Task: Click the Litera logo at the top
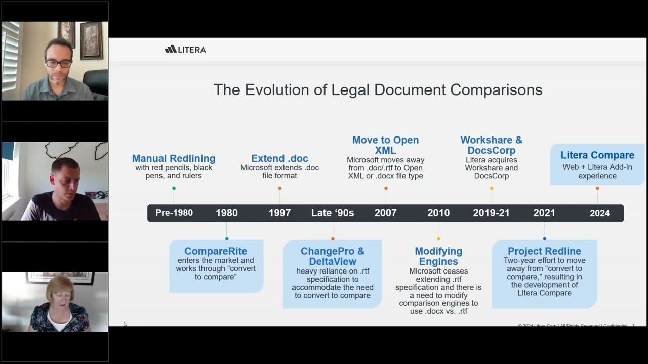(x=185, y=49)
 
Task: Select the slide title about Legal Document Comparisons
(x=378, y=90)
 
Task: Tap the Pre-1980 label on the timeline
(x=174, y=213)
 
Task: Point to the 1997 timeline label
(x=279, y=213)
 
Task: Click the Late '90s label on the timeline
(x=333, y=213)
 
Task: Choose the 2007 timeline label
(x=385, y=213)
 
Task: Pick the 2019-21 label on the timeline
(x=491, y=213)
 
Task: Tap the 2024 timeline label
(x=599, y=213)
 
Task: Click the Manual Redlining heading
(x=174, y=158)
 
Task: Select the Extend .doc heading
(x=279, y=158)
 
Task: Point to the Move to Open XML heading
(x=385, y=145)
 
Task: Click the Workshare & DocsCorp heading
(x=491, y=145)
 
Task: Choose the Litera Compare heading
(x=597, y=155)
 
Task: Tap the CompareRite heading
(x=216, y=251)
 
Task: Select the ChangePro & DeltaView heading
(x=332, y=256)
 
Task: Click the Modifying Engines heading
(x=438, y=256)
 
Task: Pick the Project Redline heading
(x=544, y=251)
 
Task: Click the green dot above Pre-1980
(x=174, y=188)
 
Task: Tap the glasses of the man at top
(x=58, y=63)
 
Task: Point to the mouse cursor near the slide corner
(x=125, y=324)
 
